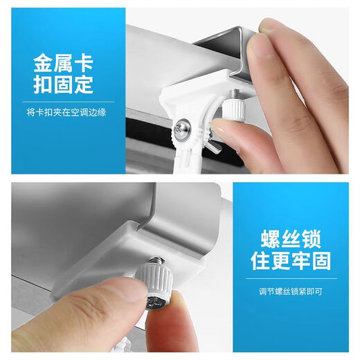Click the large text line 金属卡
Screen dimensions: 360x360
click(x=63, y=64)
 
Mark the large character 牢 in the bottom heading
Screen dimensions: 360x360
click(x=305, y=261)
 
